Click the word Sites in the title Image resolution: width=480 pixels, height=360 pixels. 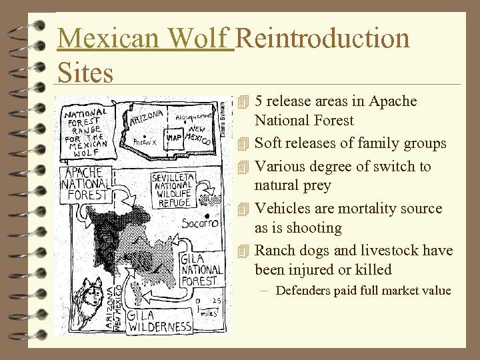click(85, 72)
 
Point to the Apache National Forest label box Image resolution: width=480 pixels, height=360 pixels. click(85, 184)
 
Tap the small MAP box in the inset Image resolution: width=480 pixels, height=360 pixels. click(175, 137)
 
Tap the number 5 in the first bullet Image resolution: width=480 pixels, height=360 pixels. click(259, 101)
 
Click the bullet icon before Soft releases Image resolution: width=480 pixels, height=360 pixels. click(243, 144)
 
